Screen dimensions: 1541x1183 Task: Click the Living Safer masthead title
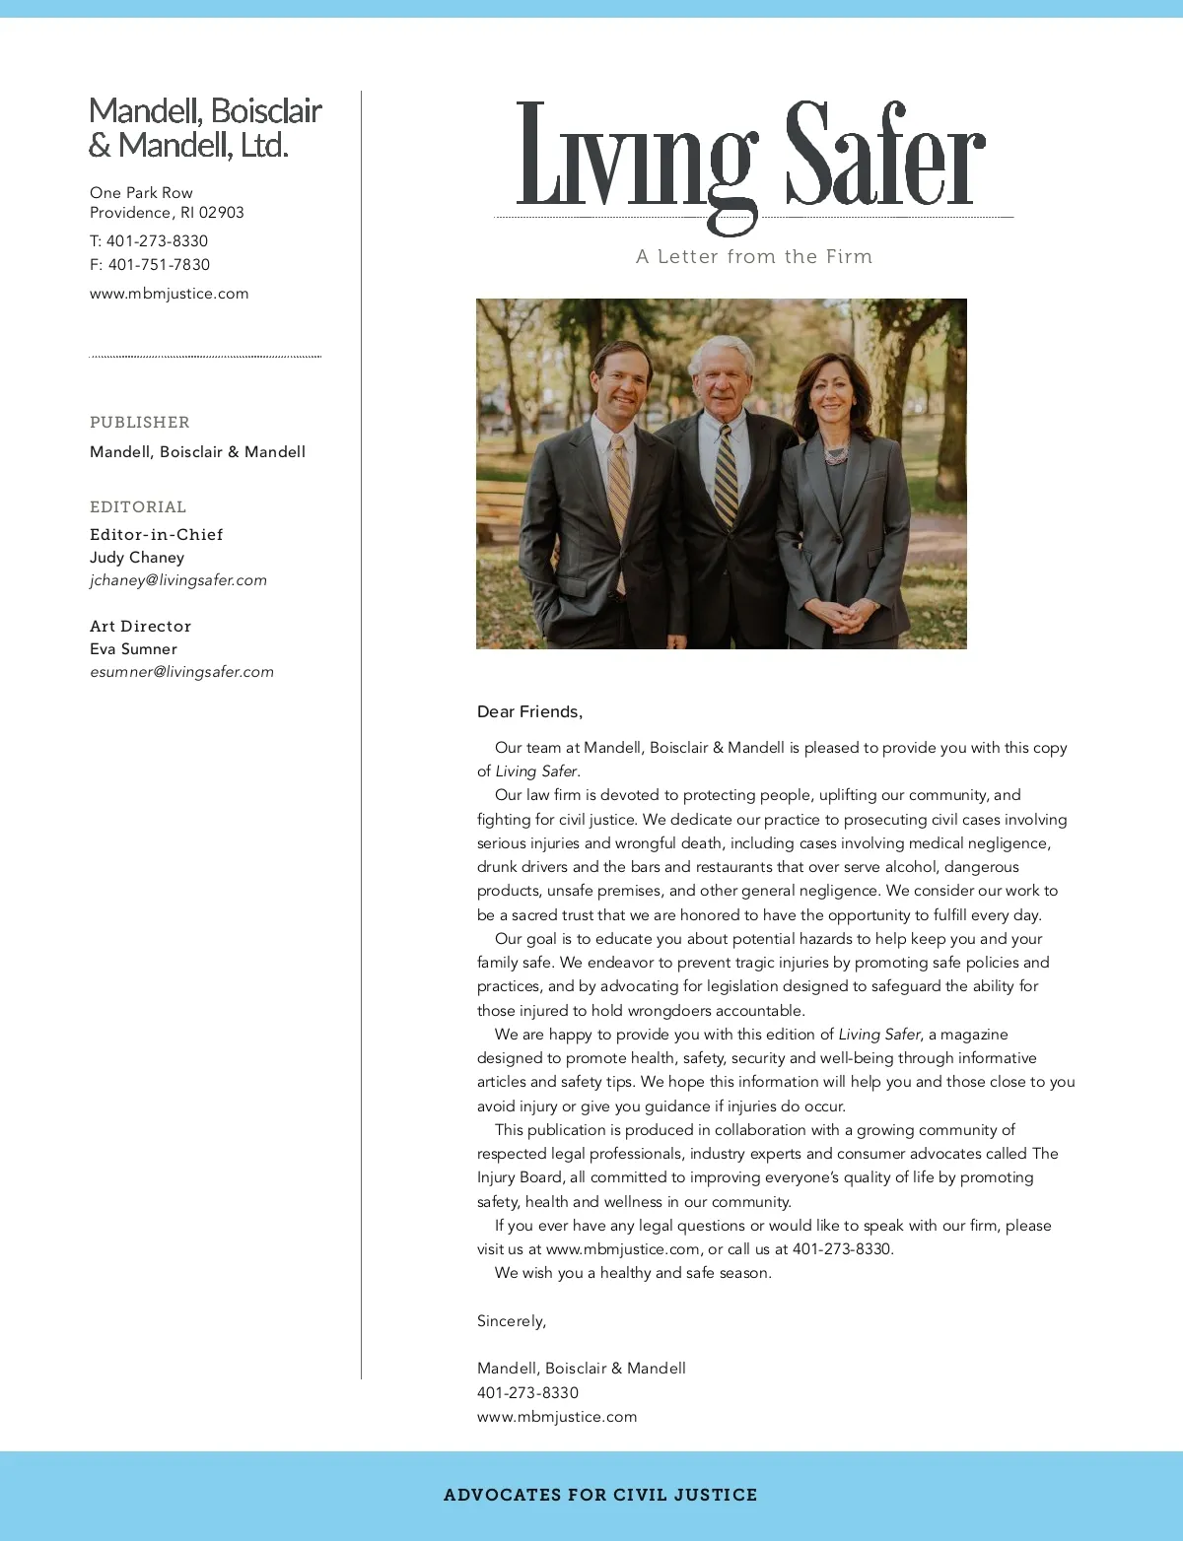pos(751,158)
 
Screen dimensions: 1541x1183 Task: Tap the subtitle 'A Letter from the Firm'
pos(754,257)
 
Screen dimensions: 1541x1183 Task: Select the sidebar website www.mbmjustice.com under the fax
pos(169,294)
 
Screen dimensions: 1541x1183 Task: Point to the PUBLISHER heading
pos(140,423)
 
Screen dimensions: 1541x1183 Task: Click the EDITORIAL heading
pos(138,507)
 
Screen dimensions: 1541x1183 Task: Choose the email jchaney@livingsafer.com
pos(178,580)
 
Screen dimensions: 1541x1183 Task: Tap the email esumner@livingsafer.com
pos(181,672)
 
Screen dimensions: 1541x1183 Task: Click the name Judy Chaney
pos(137,558)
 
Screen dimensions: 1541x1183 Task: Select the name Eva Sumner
pos(133,649)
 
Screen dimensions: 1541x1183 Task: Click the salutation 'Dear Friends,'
pos(529,711)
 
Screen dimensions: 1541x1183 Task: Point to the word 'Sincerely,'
pos(512,1321)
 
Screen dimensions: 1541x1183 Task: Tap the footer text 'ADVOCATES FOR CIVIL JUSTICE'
pos(600,1495)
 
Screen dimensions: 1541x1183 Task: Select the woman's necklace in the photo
pos(835,454)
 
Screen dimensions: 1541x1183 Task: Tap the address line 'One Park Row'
pos(141,193)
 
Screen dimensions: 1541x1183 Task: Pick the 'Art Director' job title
pos(140,627)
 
